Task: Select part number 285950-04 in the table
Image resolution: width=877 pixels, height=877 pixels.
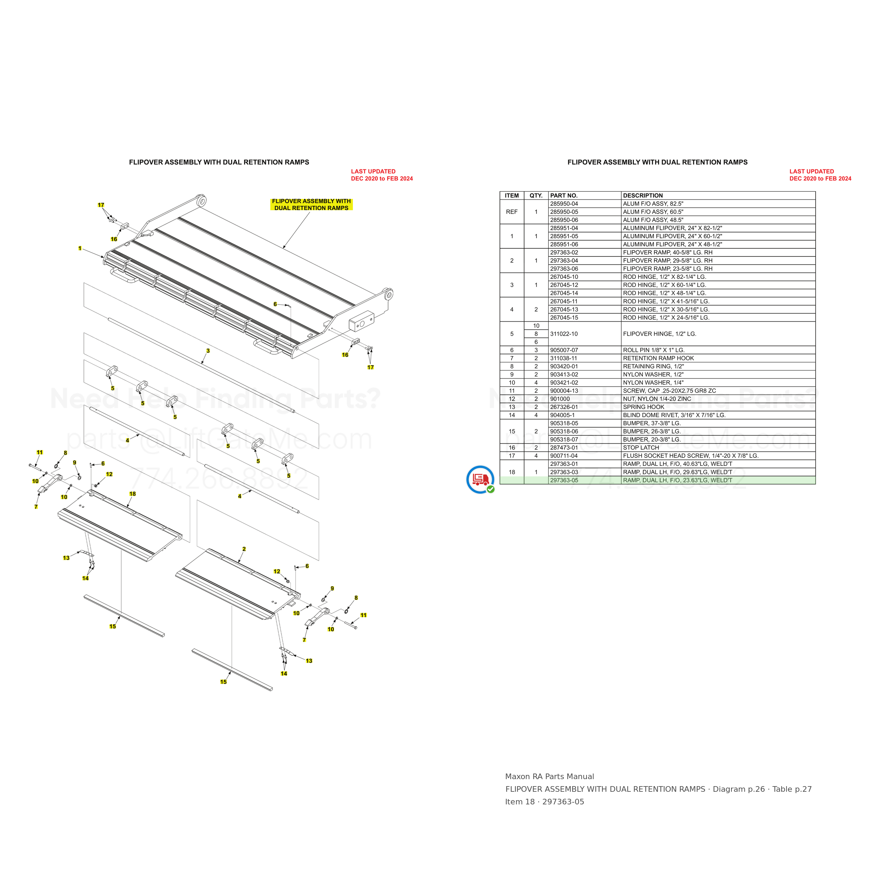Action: pyautogui.click(x=564, y=204)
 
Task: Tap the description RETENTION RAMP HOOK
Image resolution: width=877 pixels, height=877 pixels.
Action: pyautogui.click(x=658, y=358)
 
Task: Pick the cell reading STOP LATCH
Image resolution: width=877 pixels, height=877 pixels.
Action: pyautogui.click(x=641, y=448)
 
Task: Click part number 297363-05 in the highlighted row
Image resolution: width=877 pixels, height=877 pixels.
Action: pyautogui.click(x=564, y=480)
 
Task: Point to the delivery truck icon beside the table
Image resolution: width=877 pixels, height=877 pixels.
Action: pyautogui.click(x=481, y=479)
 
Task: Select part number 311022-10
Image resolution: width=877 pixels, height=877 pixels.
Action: pyautogui.click(x=564, y=334)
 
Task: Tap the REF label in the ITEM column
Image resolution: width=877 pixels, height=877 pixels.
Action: pyautogui.click(x=511, y=212)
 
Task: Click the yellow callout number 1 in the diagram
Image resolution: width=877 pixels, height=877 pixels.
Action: pyautogui.click(x=80, y=248)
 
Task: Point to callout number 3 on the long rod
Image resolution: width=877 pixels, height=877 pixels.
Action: pyautogui.click(x=208, y=351)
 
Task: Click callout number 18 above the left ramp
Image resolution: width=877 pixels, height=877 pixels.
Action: pyautogui.click(x=133, y=494)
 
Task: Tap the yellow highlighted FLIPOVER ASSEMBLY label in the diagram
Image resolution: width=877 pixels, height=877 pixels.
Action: pyautogui.click(x=312, y=204)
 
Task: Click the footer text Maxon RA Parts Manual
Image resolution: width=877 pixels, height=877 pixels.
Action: pyautogui.click(x=549, y=777)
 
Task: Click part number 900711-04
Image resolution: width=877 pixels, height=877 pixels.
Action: pyautogui.click(x=564, y=456)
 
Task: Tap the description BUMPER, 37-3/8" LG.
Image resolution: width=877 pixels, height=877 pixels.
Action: pyautogui.click(x=652, y=423)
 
